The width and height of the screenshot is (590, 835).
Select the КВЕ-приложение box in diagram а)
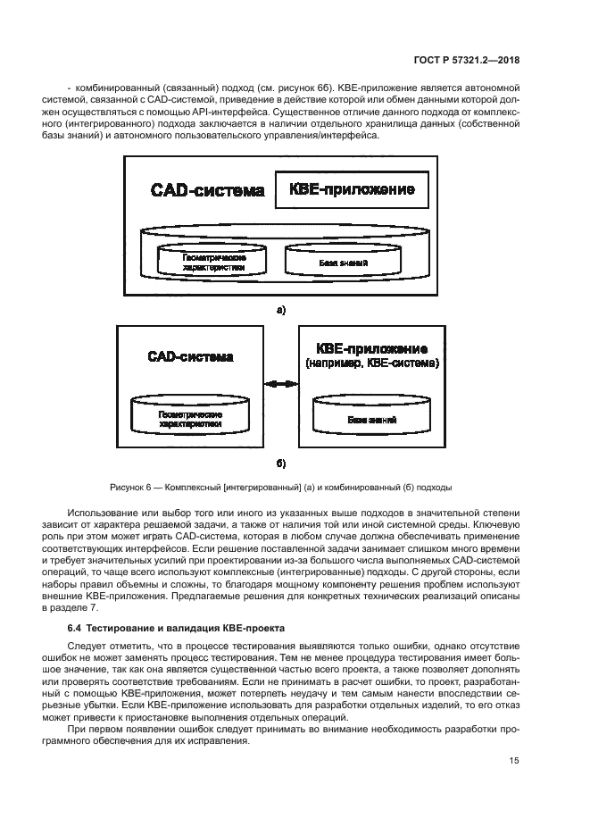pyautogui.click(x=351, y=190)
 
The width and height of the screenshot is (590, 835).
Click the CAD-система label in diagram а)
pyautogui.click(x=207, y=190)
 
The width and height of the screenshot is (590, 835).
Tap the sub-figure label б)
pyautogui.click(x=280, y=464)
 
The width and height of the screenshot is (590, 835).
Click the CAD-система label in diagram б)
pyautogui.click(x=190, y=357)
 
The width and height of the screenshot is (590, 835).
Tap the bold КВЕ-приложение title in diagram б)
pyautogui.click(x=372, y=348)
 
